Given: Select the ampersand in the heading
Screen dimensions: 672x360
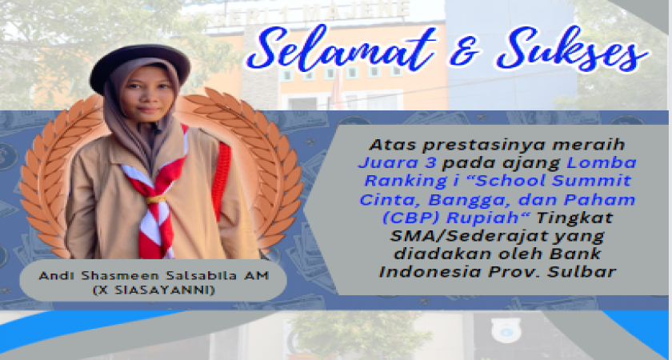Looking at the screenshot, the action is pyautogui.click(x=465, y=50).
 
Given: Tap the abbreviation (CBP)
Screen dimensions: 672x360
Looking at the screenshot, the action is pyautogui.click(x=410, y=218).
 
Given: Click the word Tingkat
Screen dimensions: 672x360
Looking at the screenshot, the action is pyautogui.click(x=574, y=218).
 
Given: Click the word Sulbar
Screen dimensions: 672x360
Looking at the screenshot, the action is pyautogui.click(x=583, y=272).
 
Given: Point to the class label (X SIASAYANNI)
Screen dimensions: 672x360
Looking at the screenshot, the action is pyautogui.click(x=154, y=290).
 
